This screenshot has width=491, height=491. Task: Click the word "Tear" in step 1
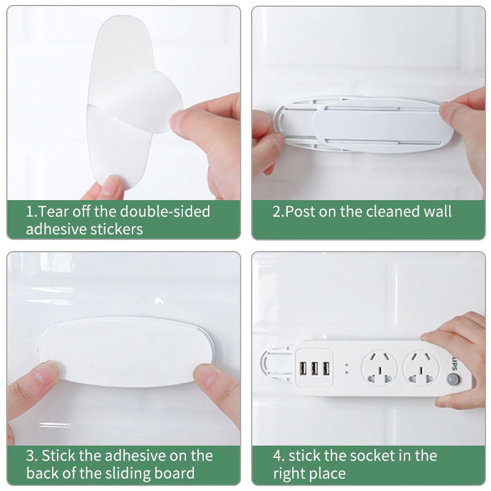click(x=53, y=212)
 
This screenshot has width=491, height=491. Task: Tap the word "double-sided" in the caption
click(x=165, y=212)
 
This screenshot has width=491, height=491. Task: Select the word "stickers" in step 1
click(x=117, y=229)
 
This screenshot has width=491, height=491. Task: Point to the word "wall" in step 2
click(x=437, y=212)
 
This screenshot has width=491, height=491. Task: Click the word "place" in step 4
click(x=328, y=474)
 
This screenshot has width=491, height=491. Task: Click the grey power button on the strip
click(x=454, y=379)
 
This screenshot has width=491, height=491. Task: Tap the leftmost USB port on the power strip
click(x=303, y=369)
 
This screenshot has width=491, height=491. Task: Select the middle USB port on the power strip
click(x=315, y=369)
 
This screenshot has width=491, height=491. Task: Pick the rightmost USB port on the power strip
click(x=327, y=369)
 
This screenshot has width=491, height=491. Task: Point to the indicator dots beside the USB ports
click(x=347, y=369)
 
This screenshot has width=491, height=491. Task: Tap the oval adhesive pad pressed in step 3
click(x=125, y=351)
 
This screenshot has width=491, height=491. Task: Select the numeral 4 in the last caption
click(x=277, y=456)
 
